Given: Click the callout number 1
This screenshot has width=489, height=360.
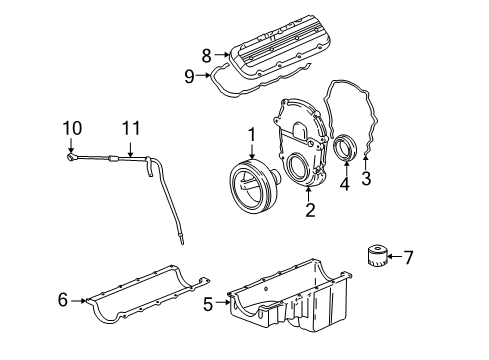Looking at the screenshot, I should (253, 133).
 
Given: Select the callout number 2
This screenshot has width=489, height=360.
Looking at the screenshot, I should (310, 209).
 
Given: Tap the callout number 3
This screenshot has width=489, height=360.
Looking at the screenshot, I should (366, 179).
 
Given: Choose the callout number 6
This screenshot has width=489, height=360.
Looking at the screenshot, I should (62, 298).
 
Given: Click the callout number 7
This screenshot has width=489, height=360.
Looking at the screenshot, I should (406, 258).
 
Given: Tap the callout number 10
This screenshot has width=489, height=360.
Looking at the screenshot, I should (69, 128).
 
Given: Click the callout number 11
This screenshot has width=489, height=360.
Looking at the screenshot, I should (127, 128).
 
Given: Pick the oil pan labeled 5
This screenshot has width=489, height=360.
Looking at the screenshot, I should (300, 305).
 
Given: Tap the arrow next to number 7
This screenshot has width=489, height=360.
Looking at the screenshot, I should (392, 258).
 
